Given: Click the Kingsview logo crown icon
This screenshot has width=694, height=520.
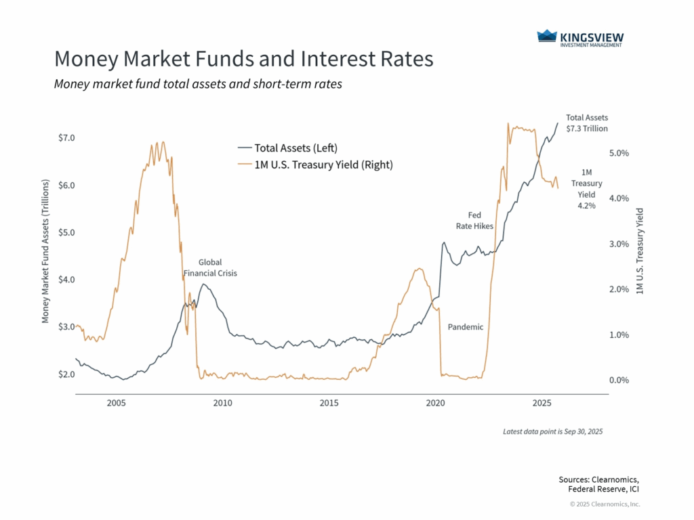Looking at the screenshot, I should [x=546, y=37].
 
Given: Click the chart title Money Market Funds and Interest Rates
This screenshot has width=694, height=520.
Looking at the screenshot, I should [x=243, y=59].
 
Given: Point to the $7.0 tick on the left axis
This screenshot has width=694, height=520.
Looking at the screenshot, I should [x=66, y=138].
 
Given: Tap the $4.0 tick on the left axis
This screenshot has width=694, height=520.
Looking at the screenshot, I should [x=66, y=280].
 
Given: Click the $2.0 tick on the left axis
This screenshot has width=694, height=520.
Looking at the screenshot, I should [x=66, y=374].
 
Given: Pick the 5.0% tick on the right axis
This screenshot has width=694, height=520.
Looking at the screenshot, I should [x=619, y=153].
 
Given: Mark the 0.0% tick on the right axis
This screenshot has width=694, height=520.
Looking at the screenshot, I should [x=619, y=381].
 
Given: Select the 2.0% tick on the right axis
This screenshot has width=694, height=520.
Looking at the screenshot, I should [x=619, y=290].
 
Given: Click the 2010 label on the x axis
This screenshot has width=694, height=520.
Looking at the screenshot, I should [x=222, y=404].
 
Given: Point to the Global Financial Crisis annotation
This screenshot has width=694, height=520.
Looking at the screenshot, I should [x=210, y=267].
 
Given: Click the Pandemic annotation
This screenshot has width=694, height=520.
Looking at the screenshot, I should [x=466, y=327].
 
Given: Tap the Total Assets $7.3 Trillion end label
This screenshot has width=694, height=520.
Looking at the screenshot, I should [x=587, y=123].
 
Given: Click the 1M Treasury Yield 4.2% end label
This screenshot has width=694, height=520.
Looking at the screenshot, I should [x=586, y=188].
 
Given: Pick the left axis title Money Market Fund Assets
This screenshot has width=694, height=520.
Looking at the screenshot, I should [x=46, y=251].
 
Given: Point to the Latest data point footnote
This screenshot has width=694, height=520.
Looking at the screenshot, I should [x=552, y=431].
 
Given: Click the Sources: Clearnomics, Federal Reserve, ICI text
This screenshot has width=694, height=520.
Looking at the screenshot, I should [x=598, y=484].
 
